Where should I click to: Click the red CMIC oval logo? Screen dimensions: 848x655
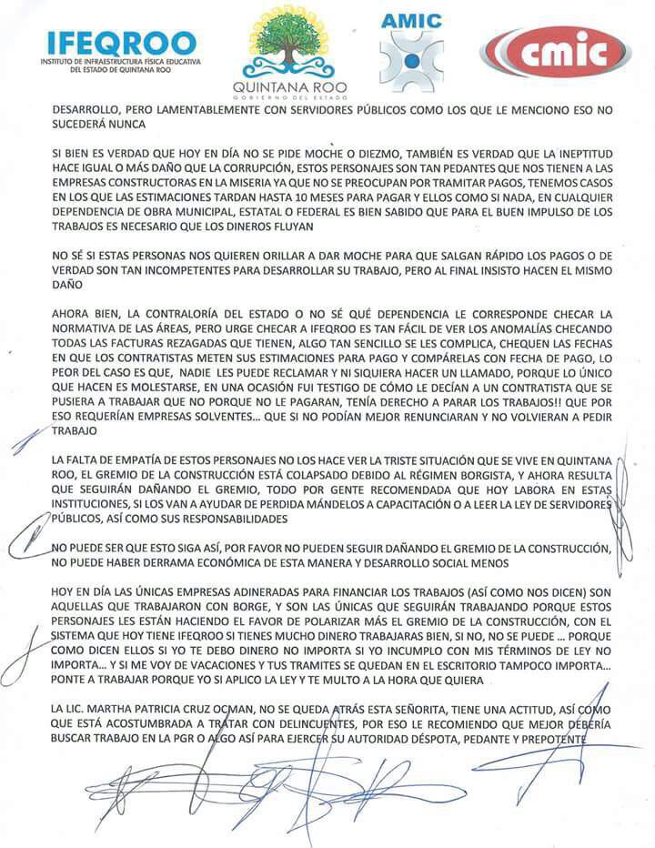tap(556, 50)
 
